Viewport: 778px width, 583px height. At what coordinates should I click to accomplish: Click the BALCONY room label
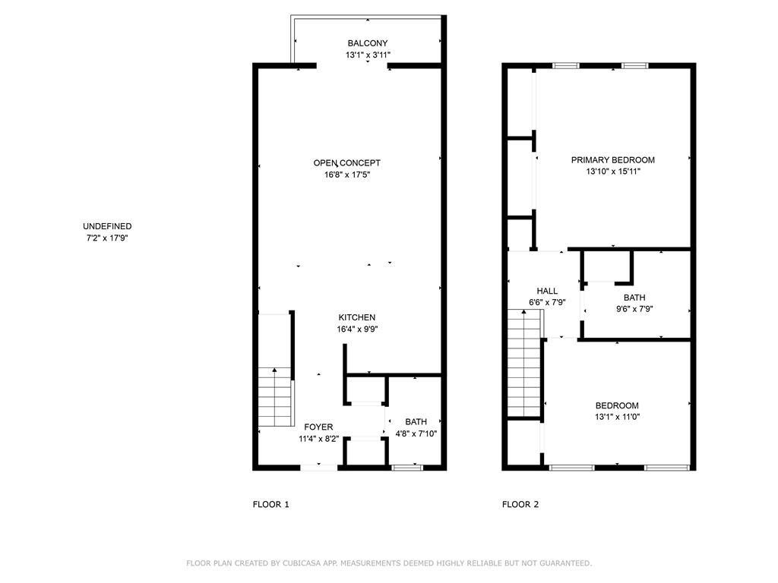pos(368,43)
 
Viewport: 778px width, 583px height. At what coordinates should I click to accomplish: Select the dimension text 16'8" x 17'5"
pos(346,175)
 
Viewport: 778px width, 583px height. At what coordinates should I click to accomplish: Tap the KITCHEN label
pos(357,317)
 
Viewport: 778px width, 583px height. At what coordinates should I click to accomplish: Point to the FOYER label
pos(318,427)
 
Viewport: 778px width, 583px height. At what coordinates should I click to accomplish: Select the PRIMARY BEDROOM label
pos(612,160)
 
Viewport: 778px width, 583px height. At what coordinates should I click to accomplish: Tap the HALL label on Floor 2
pos(547,291)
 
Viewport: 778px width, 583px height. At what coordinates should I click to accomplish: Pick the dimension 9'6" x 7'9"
pos(634,309)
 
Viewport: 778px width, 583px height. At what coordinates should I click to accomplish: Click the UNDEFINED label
pos(107,226)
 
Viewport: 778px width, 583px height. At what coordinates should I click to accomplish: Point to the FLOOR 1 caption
pos(270,504)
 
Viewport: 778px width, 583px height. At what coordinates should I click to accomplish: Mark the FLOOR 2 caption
pos(520,504)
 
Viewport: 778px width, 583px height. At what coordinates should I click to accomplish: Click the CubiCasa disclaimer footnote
pos(389,563)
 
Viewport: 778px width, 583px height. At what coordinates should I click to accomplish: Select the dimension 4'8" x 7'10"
pos(416,434)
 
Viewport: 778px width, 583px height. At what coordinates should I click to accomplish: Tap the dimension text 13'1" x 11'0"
pos(617,417)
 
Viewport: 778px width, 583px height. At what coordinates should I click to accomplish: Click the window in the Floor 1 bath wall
pos(407,468)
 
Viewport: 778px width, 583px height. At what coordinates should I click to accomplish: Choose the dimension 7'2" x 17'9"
pos(107,238)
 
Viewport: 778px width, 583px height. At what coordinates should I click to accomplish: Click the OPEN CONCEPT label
pos(346,162)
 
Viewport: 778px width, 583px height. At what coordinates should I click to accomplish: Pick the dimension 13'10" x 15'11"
pos(612,172)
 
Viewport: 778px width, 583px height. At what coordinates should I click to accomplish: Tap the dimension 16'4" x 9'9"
pos(357,329)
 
